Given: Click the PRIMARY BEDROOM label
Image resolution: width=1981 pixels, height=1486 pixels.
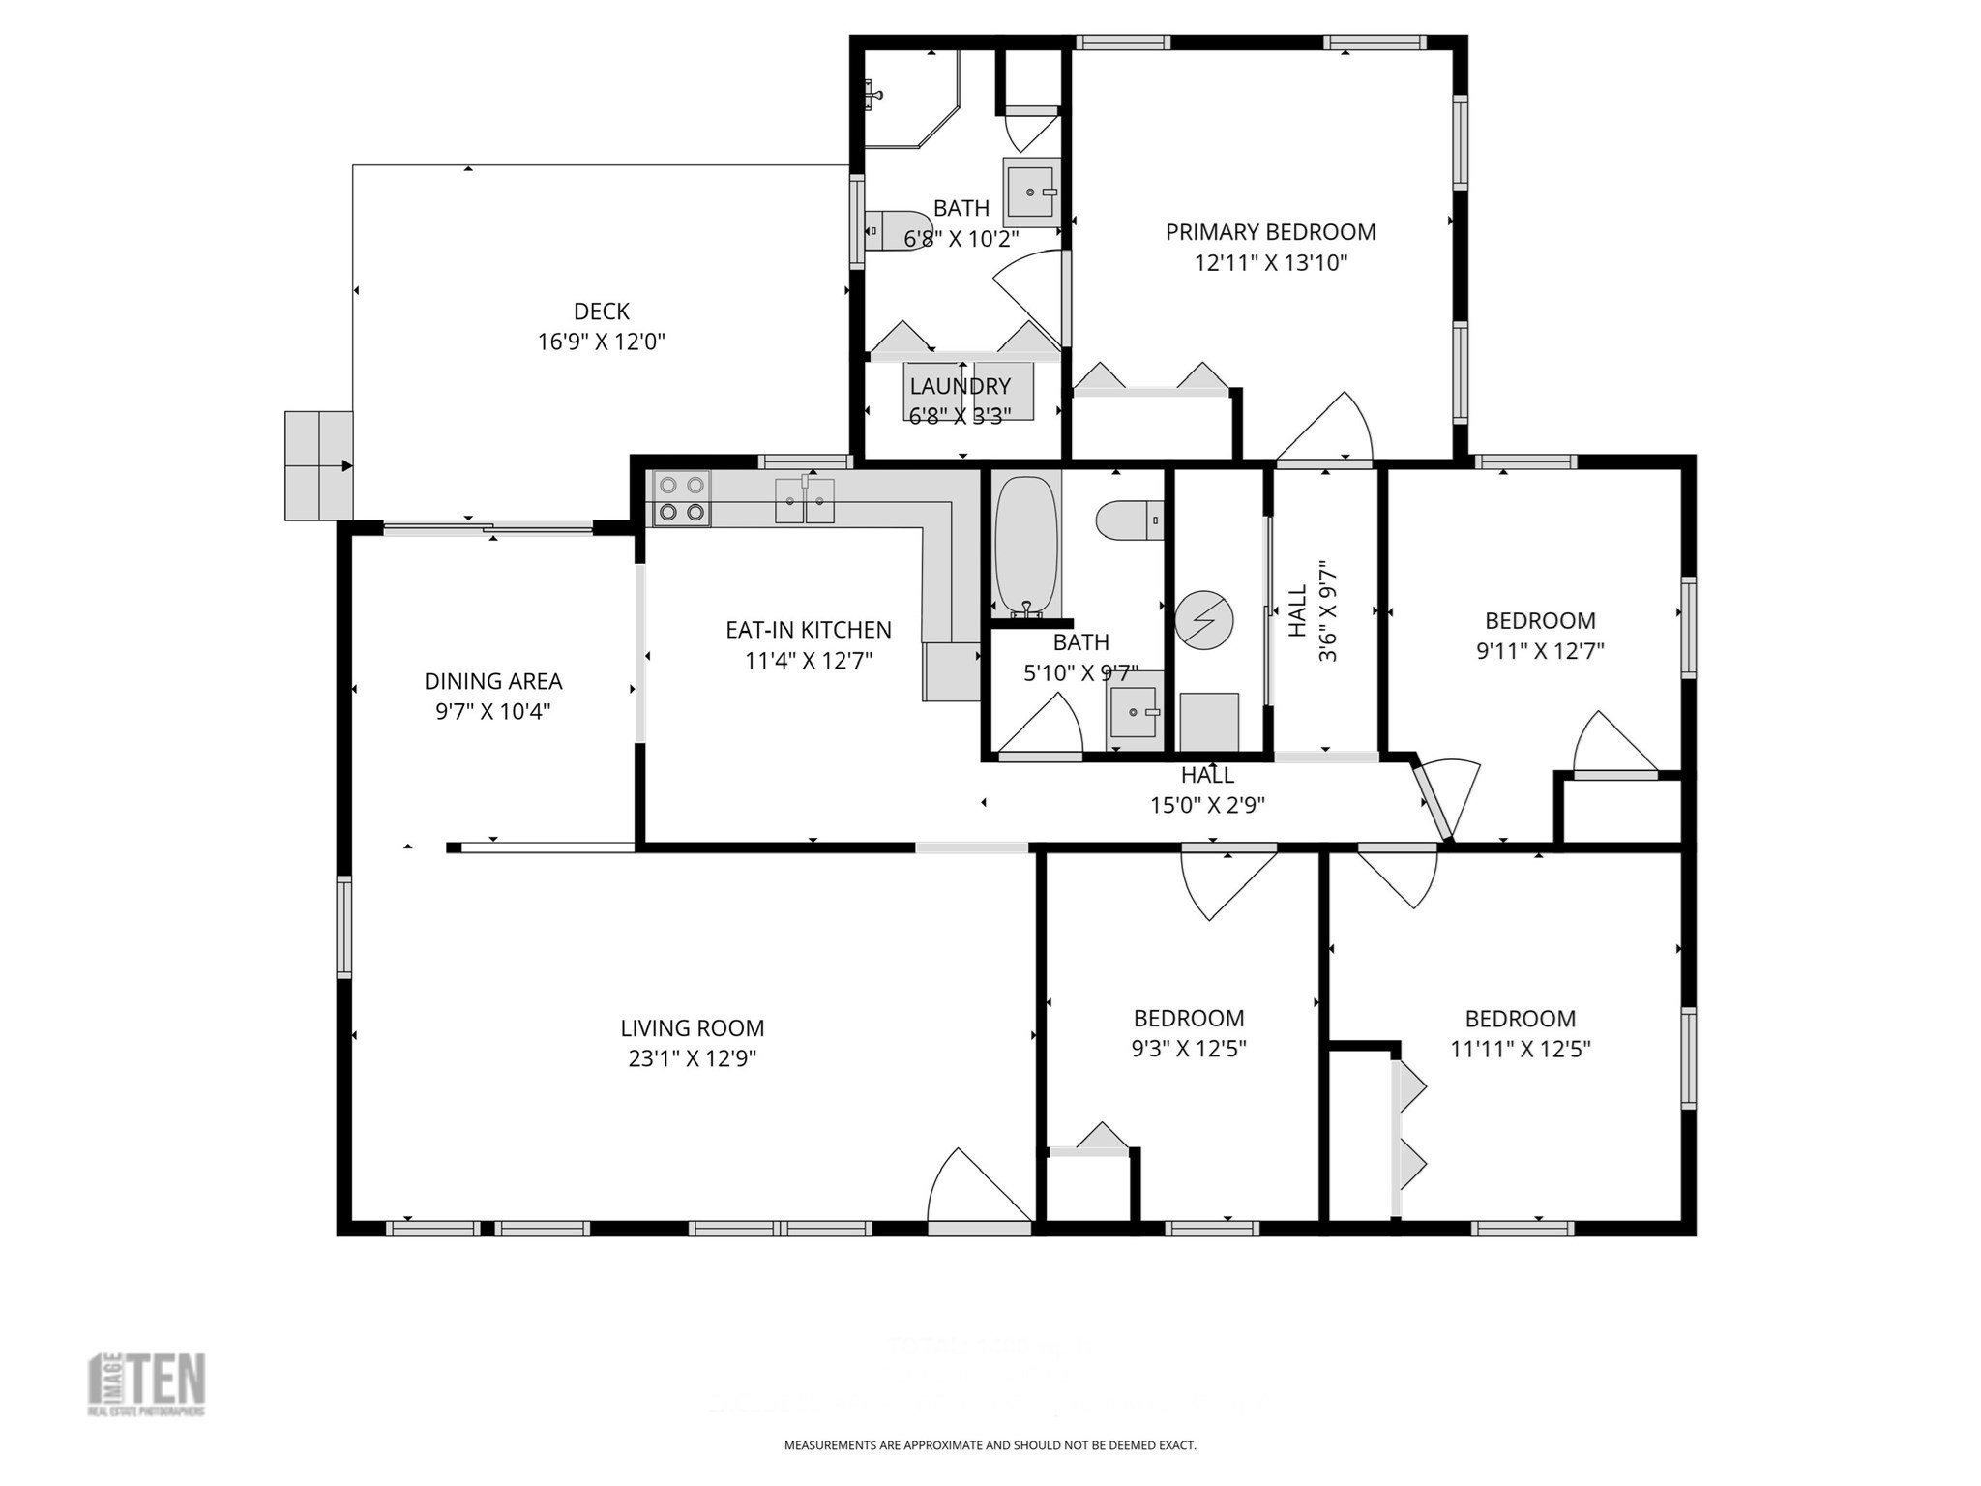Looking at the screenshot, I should pyautogui.click(x=1270, y=232).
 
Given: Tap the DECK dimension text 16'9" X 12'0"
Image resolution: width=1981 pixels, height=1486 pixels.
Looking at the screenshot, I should pyautogui.click(x=601, y=342).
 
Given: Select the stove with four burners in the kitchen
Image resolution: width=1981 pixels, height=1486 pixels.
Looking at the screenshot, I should pyautogui.click(x=681, y=498).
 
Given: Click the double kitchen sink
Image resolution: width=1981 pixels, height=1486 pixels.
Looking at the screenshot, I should pyautogui.click(x=804, y=500).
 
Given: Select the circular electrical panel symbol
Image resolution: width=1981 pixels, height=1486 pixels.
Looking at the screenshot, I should pyautogui.click(x=1204, y=619).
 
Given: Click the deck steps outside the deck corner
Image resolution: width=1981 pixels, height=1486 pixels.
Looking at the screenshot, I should pyautogui.click(x=318, y=465).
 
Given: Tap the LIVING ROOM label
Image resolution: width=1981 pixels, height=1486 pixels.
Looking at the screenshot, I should pyautogui.click(x=692, y=1027).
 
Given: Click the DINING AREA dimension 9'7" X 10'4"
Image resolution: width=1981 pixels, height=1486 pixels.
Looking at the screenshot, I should pyautogui.click(x=492, y=711).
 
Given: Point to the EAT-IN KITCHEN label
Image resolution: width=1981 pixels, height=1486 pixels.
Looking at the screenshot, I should pyautogui.click(x=808, y=630).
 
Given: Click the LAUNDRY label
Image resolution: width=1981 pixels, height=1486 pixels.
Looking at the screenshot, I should pyautogui.click(x=960, y=386).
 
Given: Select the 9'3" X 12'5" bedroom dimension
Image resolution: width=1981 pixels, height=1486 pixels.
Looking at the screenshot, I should pyautogui.click(x=1188, y=1049).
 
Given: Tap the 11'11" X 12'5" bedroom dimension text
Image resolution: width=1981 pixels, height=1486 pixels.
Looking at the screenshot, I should pyautogui.click(x=1520, y=1049).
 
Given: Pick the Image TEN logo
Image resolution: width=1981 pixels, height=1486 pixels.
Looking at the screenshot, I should pyautogui.click(x=147, y=1384).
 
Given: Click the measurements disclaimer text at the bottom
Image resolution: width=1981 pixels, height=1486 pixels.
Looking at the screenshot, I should pyautogui.click(x=990, y=1445).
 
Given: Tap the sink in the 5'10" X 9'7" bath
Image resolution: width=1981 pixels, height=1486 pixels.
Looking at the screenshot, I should pyautogui.click(x=1134, y=713).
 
